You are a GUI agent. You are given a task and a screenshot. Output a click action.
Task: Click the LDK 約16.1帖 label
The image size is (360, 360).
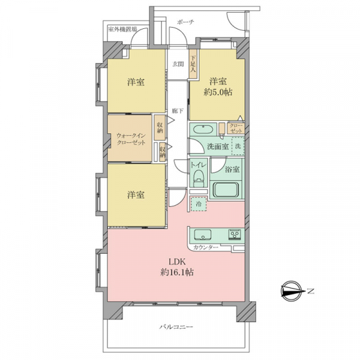click(x=177, y=267)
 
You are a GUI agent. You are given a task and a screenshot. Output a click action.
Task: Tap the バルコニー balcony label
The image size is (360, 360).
click(x=176, y=327)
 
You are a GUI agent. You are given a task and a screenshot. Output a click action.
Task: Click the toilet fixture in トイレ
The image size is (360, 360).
click(x=199, y=179)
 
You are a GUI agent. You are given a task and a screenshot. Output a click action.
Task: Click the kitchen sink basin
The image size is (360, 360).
click(x=203, y=235)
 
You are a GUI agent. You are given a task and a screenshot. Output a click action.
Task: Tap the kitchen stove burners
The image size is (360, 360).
click(x=235, y=235)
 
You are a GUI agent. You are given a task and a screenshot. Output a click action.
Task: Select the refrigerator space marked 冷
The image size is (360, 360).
click(x=198, y=203)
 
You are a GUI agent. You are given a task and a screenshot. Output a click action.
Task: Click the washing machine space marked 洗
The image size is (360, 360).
click(x=238, y=146)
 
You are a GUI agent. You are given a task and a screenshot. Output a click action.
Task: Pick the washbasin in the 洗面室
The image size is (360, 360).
click(x=203, y=129)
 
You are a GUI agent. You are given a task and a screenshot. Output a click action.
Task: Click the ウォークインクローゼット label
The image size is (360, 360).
click(x=131, y=139)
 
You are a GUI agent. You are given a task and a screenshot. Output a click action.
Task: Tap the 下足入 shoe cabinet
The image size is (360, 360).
click(x=193, y=64)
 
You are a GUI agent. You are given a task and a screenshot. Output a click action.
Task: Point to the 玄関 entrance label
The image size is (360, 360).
click(x=178, y=64)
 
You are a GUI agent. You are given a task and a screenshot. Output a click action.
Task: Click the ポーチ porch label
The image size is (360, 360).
click(x=186, y=22)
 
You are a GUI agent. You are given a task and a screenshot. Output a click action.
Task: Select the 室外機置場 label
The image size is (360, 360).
click(x=122, y=29)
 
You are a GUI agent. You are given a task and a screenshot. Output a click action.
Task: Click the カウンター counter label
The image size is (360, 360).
click(x=206, y=247)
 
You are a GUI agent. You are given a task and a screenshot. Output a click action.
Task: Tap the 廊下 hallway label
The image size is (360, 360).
click(x=178, y=111)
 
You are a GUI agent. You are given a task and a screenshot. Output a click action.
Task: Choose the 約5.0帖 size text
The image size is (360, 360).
click(x=218, y=92)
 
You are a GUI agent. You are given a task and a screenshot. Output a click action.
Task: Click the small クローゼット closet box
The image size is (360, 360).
click(x=236, y=128)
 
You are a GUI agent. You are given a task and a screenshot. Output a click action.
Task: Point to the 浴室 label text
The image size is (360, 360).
click(x=232, y=169)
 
